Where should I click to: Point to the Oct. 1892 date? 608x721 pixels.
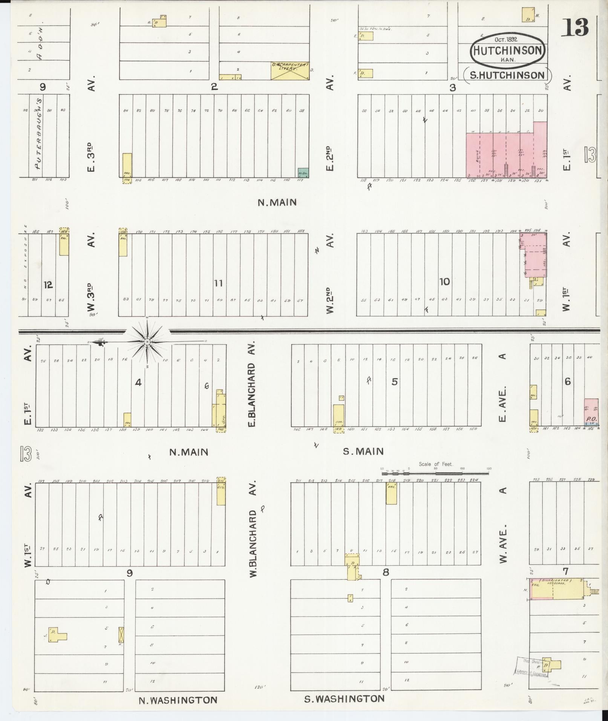(506, 39)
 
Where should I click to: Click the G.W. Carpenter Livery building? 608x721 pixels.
(290, 70)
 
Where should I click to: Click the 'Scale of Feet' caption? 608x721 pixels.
(435, 464)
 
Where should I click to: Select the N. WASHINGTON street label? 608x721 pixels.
(178, 700)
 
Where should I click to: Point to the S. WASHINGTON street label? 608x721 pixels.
(344, 699)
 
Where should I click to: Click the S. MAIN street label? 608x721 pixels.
(363, 451)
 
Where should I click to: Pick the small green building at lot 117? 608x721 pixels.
(303, 172)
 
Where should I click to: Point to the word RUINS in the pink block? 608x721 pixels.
(477, 156)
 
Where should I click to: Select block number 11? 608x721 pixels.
(218, 283)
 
